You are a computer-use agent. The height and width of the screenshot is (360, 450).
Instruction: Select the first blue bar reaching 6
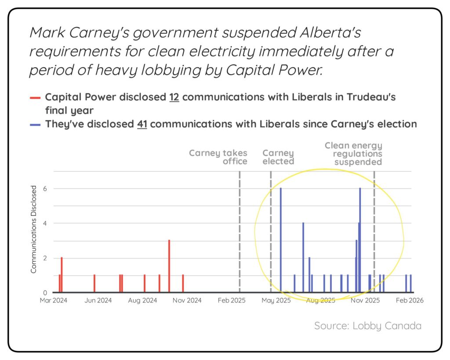pos(280,240)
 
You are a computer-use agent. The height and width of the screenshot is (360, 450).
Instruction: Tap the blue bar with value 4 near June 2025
pos(303,257)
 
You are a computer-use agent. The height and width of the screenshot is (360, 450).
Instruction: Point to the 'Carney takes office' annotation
pos(218,157)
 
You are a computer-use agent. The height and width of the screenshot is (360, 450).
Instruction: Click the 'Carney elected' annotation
pos(278,157)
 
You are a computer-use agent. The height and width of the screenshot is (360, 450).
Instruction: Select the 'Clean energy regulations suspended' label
pos(354,153)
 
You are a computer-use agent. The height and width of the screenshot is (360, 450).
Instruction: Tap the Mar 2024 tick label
pos(54,301)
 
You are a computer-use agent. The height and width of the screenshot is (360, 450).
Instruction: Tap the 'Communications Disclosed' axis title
pos(34,229)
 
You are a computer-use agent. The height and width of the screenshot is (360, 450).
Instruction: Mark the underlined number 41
pos(142,124)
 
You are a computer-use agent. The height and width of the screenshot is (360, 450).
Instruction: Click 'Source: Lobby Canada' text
pos(367,326)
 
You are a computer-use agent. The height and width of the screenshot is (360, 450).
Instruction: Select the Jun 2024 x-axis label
pos(98,301)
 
